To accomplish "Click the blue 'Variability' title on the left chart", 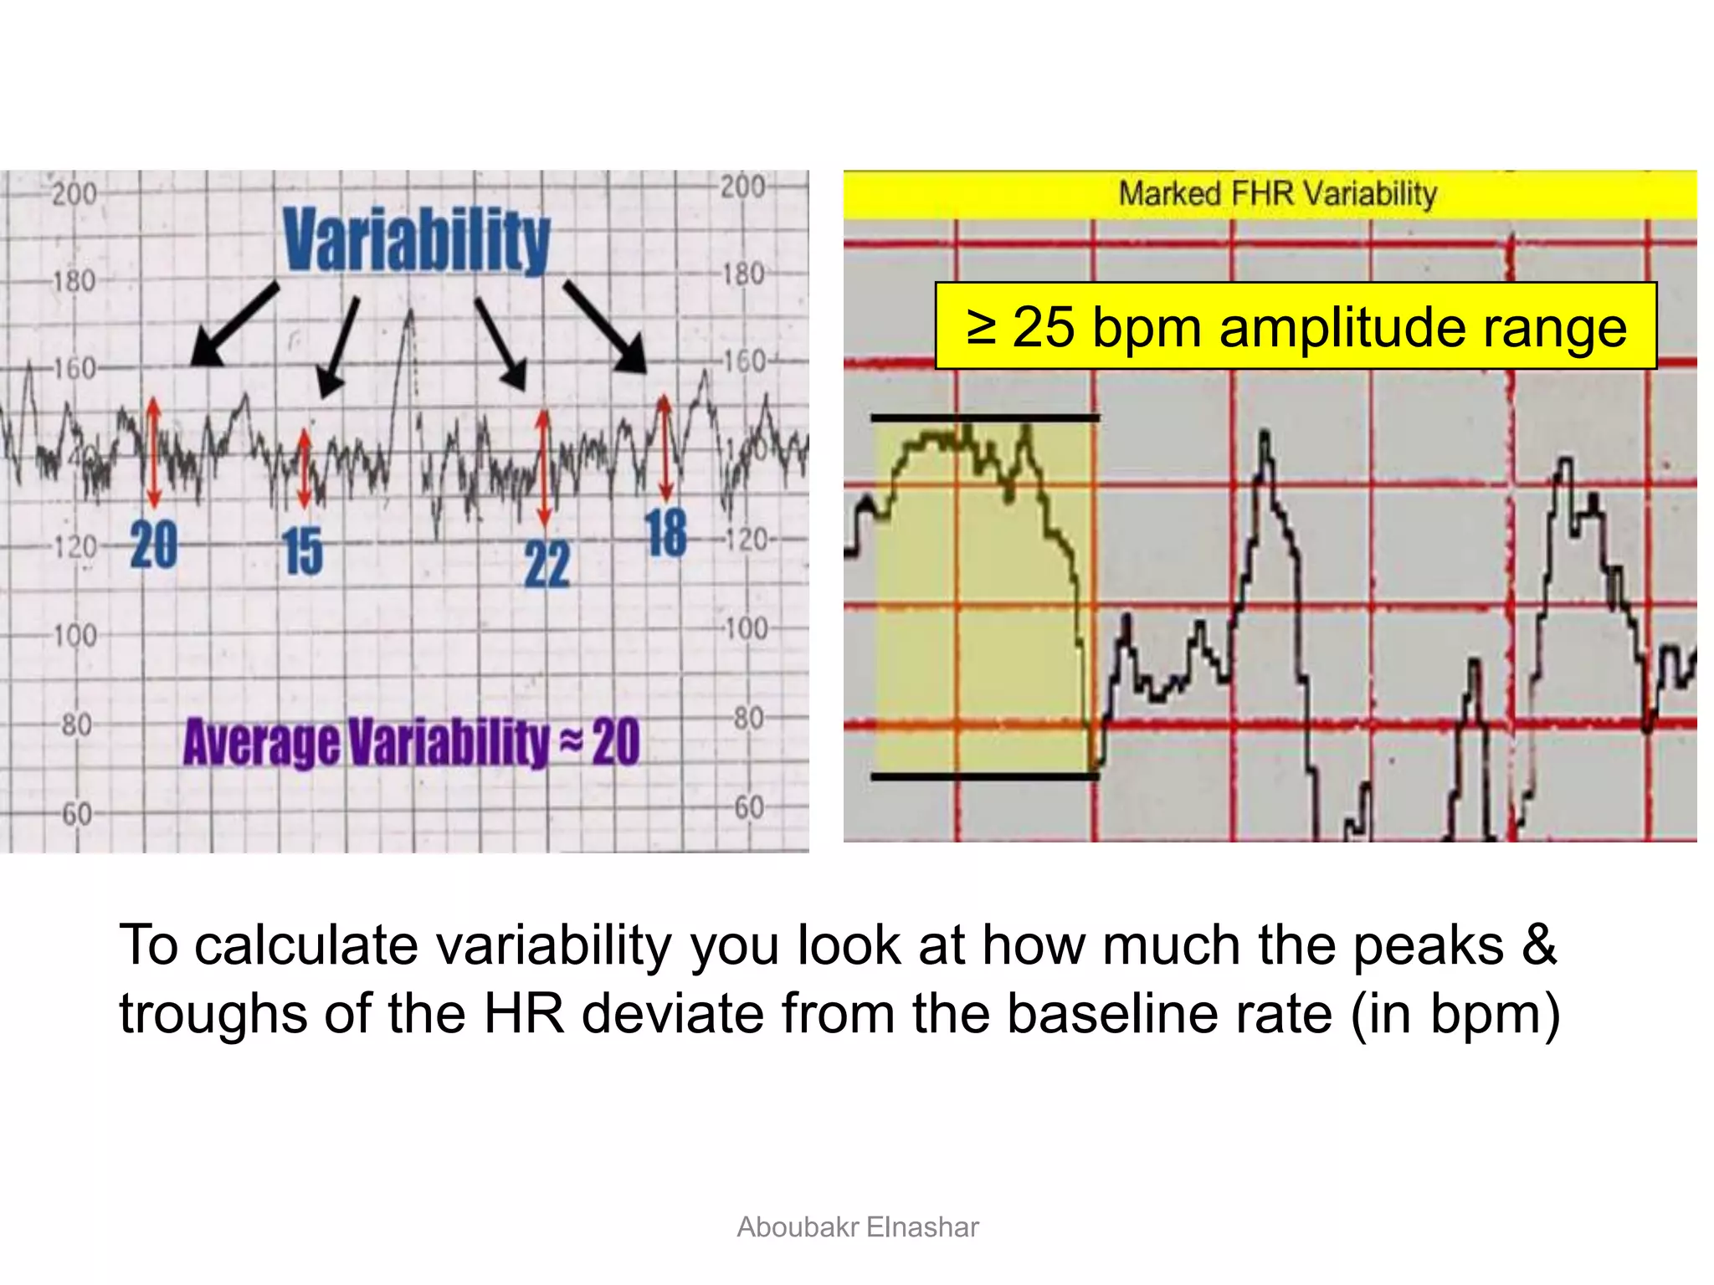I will [416, 241].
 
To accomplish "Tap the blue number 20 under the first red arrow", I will [154, 545].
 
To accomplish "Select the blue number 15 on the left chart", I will [303, 551].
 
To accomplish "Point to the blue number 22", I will [547, 564].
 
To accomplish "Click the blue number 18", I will [666, 533].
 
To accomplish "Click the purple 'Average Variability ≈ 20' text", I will [411, 742].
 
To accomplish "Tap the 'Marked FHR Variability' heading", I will [1277, 194].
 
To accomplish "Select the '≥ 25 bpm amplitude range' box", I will [1296, 326].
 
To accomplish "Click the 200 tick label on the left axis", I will [74, 194].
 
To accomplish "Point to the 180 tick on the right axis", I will [743, 274].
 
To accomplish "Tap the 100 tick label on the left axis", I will [75, 636].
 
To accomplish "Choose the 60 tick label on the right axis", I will [749, 807].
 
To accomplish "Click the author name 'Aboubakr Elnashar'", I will [857, 1226].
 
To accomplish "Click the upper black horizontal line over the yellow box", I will [984, 417].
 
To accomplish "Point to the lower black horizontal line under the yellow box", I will [984, 776].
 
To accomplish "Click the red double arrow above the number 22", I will [544, 465].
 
